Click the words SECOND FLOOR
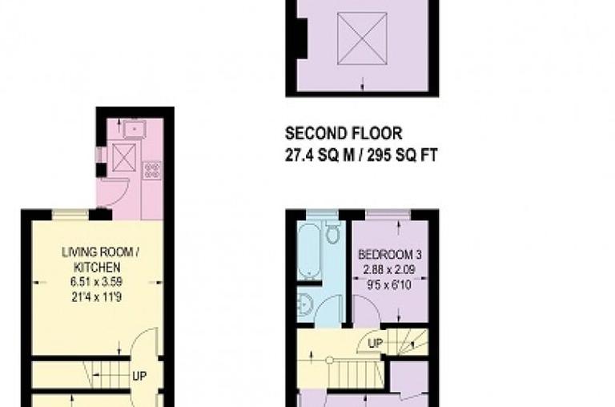tap(344, 132)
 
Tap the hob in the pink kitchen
tap(151, 170)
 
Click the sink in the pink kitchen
tap(133, 127)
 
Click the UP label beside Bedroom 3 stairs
tap(374, 344)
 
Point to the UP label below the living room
tap(139, 375)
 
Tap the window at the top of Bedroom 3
tap(388, 212)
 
